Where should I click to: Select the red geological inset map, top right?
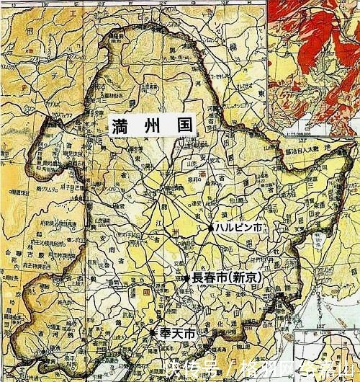pos(313,65)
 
